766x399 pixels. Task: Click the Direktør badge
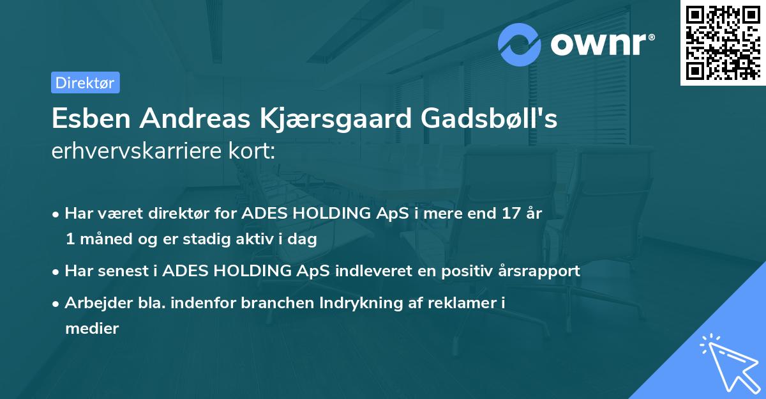click(x=85, y=82)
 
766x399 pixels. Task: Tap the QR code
click(x=723, y=42)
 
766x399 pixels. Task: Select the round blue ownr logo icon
click(x=520, y=45)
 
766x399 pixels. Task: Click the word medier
click(x=92, y=329)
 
